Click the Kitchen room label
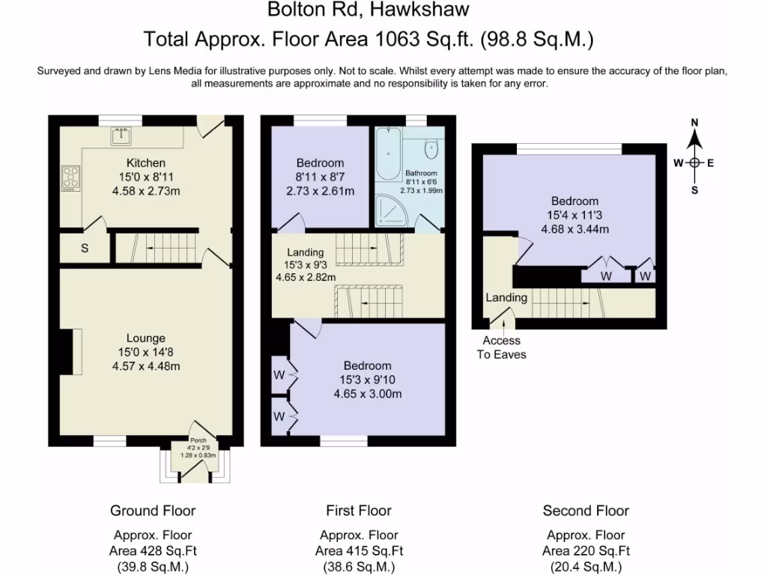click(x=146, y=162)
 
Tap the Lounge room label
click(x=146, y=338)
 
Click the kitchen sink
click(x=121, y=136)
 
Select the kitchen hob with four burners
click(x=70, y=178)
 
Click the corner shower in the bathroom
click(x=391, y=211)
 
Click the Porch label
click(x=198, y=440)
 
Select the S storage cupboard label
click(x=85, y=249)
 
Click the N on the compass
click(x=694, y=122)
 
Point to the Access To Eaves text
click(x=501, y=347)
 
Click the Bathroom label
click(x=421, y=173)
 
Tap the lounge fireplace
click(x=70, y=352)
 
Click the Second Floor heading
click(x=586, y=511)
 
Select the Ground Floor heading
click(x=153, y=511)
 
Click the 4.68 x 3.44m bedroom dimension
click(x=575, y=229)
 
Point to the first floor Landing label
click(x=306, y=252)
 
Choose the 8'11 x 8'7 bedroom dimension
click(x=321, y=177)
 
